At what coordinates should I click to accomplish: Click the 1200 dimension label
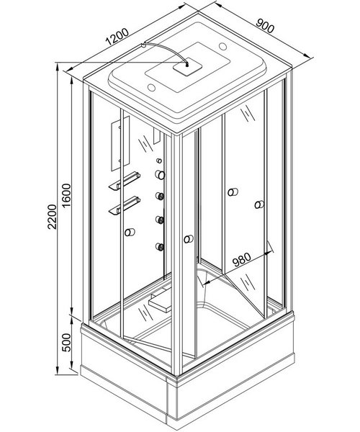coord(117,37)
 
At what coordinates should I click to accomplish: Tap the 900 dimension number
coord(265,26)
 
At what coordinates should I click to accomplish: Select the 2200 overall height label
coord(52,217)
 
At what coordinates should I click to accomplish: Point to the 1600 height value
coord(66,196)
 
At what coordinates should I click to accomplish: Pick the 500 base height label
coord(66,343)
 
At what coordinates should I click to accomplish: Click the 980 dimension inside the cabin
coord(242,260)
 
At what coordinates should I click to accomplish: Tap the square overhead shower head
coord(188,66)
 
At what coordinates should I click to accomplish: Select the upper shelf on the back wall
coord(125,181)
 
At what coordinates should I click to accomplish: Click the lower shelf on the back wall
coord(125,205)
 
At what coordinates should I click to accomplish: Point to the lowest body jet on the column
coord(160,246)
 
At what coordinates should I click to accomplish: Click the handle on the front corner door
coord(189,239)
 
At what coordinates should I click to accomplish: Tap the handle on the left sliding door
coord(130,233)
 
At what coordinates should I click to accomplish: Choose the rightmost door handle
coord(259,204)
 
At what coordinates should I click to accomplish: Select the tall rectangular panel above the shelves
coord(120,143)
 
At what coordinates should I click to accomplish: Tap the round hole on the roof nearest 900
coord(222,46)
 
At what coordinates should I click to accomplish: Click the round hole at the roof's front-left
coord(151,88)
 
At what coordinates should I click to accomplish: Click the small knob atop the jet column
coord(159,161)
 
